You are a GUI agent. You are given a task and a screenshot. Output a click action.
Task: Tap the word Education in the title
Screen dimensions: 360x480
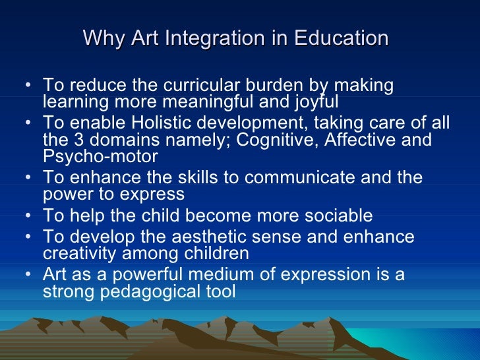(341, 38)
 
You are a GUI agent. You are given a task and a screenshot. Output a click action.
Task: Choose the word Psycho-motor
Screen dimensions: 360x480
(100, 157)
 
